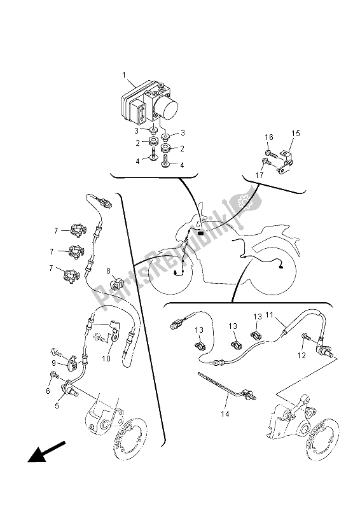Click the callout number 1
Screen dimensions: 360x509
tap(123, 75)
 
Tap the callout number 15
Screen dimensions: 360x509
tap(295, 134)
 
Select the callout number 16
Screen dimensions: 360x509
tap(269, 137)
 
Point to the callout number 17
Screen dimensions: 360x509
tap(259, 176)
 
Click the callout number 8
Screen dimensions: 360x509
tap(108, 270)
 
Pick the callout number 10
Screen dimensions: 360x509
tap(106, 358)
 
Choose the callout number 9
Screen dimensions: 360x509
tap(54, 363)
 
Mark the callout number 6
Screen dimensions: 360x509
tap(48, 391)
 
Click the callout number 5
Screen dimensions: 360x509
tap(57, 405)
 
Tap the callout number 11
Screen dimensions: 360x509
tap(269, 314)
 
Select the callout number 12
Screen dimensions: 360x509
tap(301, 356)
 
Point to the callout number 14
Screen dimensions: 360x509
tap(225, 414)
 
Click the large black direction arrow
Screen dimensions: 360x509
tap(46, 451)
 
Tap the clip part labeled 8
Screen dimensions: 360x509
tap(116, 283)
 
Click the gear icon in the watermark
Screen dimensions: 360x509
tap(243, 202)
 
